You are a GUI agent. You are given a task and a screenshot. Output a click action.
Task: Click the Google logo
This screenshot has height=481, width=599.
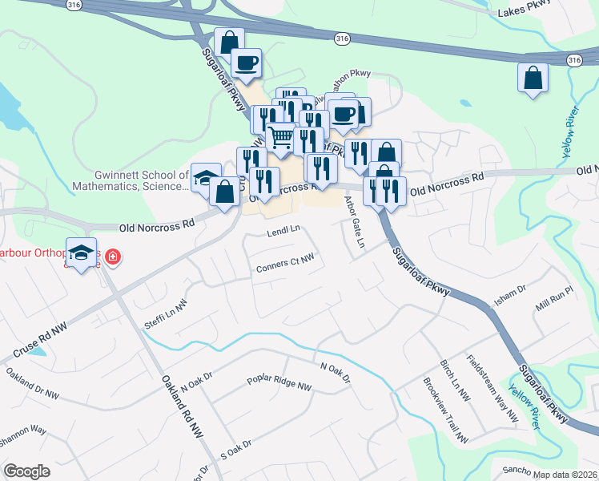(26, 471)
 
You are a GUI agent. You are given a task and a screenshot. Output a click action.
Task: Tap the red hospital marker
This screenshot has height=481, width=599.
(113, 257)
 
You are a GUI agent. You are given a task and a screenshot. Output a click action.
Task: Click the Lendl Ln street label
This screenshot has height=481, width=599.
(283, 230)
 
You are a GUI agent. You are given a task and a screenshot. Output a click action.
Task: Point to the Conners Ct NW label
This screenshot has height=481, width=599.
(284, 262)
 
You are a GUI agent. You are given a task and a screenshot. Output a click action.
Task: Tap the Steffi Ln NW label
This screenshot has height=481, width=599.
(165, 312)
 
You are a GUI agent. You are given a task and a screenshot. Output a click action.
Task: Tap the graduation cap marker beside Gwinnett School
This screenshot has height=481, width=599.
(207, 177)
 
